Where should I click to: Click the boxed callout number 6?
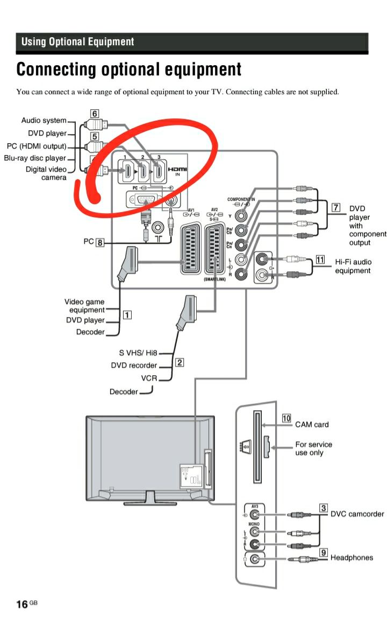point(94,114)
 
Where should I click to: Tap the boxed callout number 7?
point(336,207)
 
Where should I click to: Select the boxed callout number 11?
point(320,260)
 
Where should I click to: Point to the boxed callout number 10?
point(286,418)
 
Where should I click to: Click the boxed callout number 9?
point(324,552)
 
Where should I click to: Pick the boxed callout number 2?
point(180,362)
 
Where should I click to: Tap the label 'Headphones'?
point(352,558)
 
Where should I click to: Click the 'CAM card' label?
point(312,425)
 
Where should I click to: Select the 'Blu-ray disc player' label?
point(35,158)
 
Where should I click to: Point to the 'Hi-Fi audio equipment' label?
point(353,266)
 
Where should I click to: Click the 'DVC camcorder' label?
point(357,514)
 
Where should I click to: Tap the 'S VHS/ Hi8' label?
point(138,353)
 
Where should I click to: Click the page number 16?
point(22,604)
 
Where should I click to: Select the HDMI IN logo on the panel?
point(177,171)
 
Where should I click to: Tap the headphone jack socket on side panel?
point(255,560)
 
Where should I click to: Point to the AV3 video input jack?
point(255,514)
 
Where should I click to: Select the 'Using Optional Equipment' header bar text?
point(78,41)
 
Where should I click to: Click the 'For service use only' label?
point(313,448)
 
